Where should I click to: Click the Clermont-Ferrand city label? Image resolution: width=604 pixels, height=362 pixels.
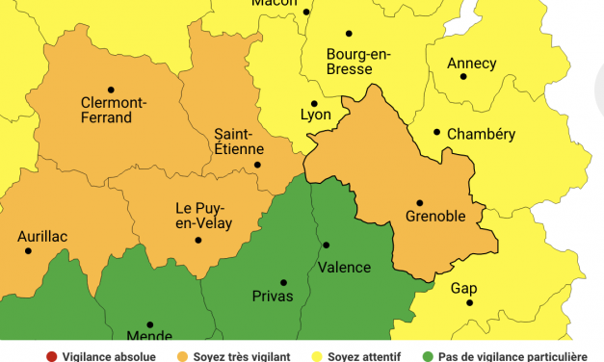(x=114, y=110)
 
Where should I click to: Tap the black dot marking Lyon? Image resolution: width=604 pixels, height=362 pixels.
(x=314, y=103)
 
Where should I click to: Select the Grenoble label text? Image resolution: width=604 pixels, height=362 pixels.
(x=435, y=218)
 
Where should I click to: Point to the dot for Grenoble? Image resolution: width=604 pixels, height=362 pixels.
(x=419, y=203)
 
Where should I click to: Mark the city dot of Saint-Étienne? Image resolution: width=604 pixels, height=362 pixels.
(x=257, y=165)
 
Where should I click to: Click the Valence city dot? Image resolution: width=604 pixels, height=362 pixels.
(x=326, y=246)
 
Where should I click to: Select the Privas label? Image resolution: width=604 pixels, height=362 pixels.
(x=273, y=296)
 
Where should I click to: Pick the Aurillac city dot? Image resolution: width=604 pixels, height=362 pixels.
(x=28, y=251)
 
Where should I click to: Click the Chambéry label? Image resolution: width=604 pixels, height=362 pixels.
(x=481, y=134)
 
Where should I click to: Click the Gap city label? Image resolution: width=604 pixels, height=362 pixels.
(x=463, y=288)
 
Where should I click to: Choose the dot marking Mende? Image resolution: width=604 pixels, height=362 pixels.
(x=149, y=324)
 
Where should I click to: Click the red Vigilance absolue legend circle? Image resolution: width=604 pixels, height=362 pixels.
(x=51, y=356)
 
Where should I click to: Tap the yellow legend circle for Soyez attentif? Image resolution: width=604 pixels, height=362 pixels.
(x=315, y=356)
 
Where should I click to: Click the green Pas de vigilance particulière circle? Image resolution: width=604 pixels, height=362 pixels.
(x=427, y=356)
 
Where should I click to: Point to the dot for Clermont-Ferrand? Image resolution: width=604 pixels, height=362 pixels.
(x=111, y=90)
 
